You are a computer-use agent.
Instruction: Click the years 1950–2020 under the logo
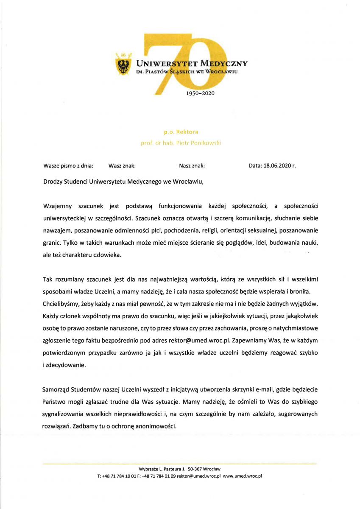pyautogui.click(x=201, y=93)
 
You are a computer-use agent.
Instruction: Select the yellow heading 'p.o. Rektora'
pyautogui.click(x=181, y=132)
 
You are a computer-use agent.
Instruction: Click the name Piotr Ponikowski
pyautogui.click(x=200, y=143)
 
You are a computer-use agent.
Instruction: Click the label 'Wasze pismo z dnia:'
pyautogui.click(x=68, y=166)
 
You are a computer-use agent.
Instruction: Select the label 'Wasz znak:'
pyautogui.click(x=122, y=166)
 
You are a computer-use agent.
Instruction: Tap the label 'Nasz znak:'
pyautogui.click(x=192, y=166)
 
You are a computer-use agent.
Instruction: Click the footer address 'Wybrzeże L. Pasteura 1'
pyautogui.click(x=162, y=469)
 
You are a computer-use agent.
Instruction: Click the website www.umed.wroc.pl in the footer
pyautogui.click(x=243, y=476)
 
